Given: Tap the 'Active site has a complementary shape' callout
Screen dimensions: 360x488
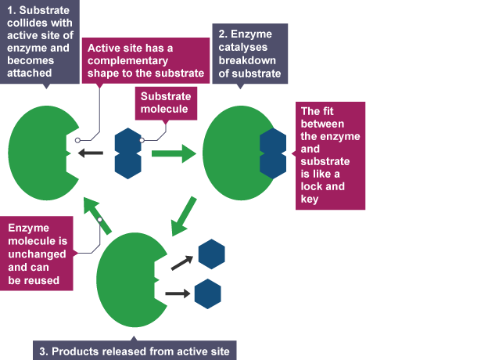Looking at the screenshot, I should [x=145, y=60].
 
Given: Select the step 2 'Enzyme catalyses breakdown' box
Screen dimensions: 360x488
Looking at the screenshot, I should [x=249, y=53].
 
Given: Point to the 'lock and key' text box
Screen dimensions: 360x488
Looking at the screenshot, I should [x=332, y=156].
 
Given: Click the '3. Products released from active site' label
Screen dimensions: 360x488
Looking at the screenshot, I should [x=135, y=351].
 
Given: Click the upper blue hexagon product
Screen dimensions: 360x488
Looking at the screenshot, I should [x=211, y=254].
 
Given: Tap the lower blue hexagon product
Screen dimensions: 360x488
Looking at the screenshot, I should [x=207, y=293].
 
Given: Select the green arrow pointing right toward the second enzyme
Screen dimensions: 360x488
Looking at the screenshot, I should [x=173, y=153].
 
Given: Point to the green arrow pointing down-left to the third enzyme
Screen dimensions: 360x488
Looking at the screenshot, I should [x=182, y=214].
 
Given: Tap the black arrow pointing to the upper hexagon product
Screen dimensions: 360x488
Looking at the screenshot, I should [x=181, y=263].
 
